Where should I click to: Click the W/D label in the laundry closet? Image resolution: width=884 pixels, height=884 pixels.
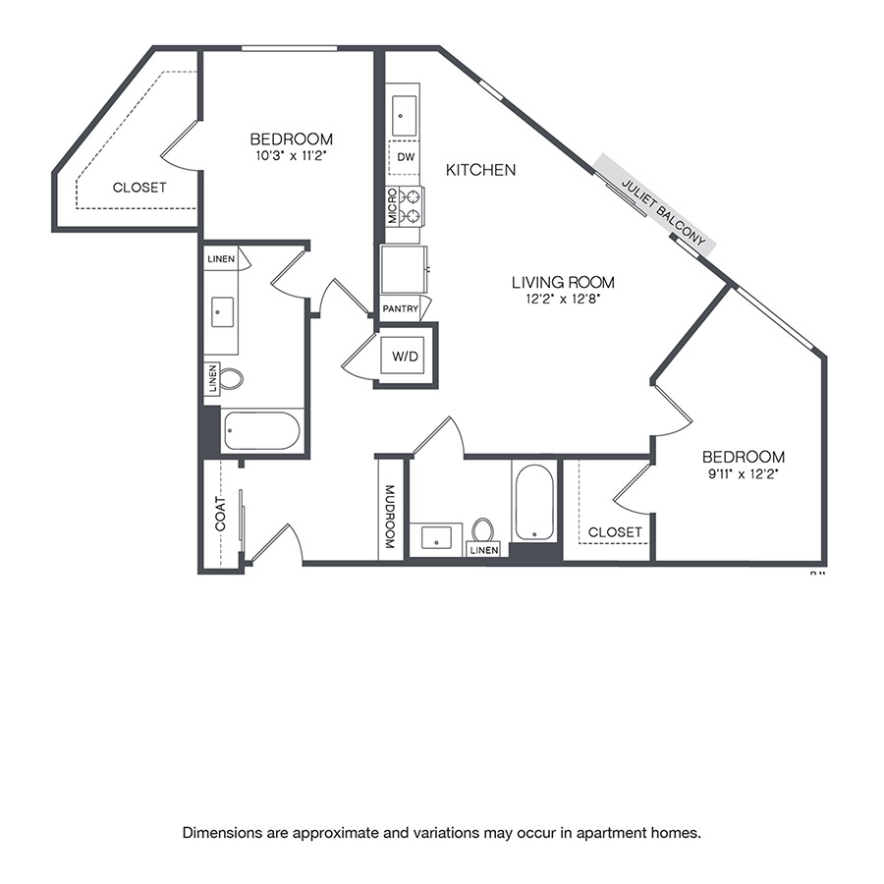coord(406,357)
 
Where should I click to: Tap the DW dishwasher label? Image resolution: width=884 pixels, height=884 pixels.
coord(404,156)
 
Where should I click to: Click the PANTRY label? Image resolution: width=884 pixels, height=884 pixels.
coord(401,309)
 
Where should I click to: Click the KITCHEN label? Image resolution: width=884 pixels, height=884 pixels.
coord(480,170)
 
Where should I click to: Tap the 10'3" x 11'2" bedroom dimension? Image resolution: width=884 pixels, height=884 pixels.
coord(291,155)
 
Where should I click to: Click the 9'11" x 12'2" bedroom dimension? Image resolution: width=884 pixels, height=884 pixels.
coord(743,472)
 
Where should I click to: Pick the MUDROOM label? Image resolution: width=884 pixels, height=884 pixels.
coord(389,517)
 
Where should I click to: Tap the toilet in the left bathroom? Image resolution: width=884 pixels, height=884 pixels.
coord(230,379)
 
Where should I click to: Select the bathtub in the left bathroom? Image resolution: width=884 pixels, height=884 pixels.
coord(261,430)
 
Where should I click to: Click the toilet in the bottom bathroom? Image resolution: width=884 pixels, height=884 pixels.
coord(482,530)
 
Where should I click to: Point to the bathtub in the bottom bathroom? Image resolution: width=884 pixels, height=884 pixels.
coord(533,502)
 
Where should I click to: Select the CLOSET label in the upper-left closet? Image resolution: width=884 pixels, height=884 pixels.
coord(139,188)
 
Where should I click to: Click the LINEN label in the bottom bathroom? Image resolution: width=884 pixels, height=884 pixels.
coord(484,551)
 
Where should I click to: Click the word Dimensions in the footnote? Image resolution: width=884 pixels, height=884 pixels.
coord(218,833)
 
